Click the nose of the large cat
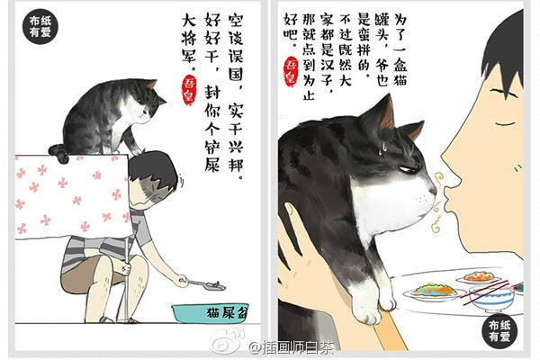click(431, 190)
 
